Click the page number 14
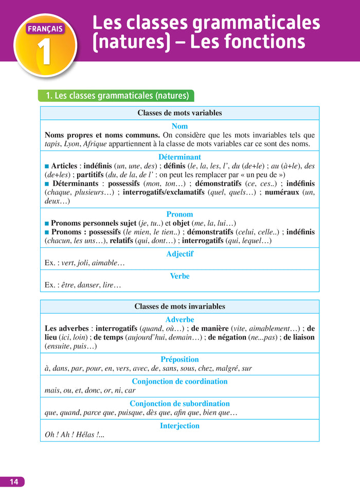point(13,481)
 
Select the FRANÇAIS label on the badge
point(45,29)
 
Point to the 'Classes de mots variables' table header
point(179,113)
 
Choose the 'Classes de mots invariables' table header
point(179,307)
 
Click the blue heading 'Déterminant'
point(179,157)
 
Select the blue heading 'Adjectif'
point(179,254)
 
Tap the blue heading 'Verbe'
point(179,276)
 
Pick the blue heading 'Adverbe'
point(179,320)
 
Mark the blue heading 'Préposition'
point(179,360)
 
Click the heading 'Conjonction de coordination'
point(179,382)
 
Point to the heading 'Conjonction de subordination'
point(179,404)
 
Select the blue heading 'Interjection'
point(179,426)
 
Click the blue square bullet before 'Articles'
point(47,166)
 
